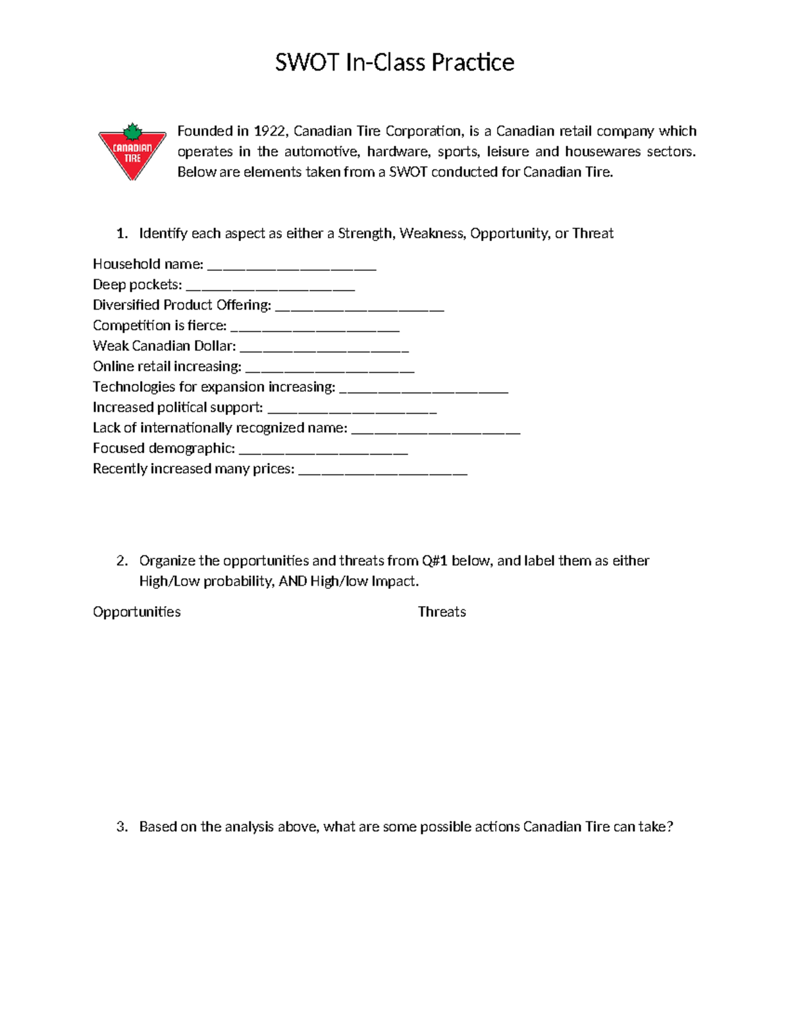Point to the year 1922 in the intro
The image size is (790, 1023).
(x=270, y=131)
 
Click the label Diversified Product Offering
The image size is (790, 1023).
(x=182, y=305)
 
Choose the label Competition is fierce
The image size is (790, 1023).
(x=159, y=325)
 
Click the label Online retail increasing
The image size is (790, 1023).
(x=167, y=366)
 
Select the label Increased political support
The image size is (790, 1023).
(x=178, y=407)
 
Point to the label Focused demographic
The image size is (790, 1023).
(x=163, y=449)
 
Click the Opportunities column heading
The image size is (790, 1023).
(x=136, y=612)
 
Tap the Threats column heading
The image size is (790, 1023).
(x=442, y=612)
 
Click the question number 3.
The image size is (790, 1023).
(x=121, y=827)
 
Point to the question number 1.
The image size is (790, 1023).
(x=121, y=233)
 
